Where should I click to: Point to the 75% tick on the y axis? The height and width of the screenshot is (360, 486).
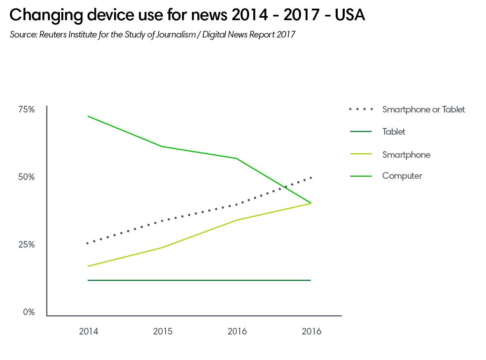pos(26,110)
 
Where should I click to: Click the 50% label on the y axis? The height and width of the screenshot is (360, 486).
pos(26,177)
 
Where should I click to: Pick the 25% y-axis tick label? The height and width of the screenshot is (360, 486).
pos(26,245)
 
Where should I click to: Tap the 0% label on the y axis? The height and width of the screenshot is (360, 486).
pos(28,312)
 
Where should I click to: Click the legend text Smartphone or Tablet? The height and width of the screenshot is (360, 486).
pos(423,110)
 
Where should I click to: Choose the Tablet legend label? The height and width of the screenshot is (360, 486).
pos(394,132)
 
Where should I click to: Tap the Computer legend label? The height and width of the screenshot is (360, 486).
pos(402,176)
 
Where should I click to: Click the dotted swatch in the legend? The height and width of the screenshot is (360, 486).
pos(361,110)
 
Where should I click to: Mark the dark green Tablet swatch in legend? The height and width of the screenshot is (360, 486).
pos(361,132)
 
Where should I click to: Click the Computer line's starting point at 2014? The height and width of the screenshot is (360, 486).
pos(88,116)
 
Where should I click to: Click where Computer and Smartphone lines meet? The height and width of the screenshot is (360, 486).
pos(310,203)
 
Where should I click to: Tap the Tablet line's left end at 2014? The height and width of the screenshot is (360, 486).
pos(88,281)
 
